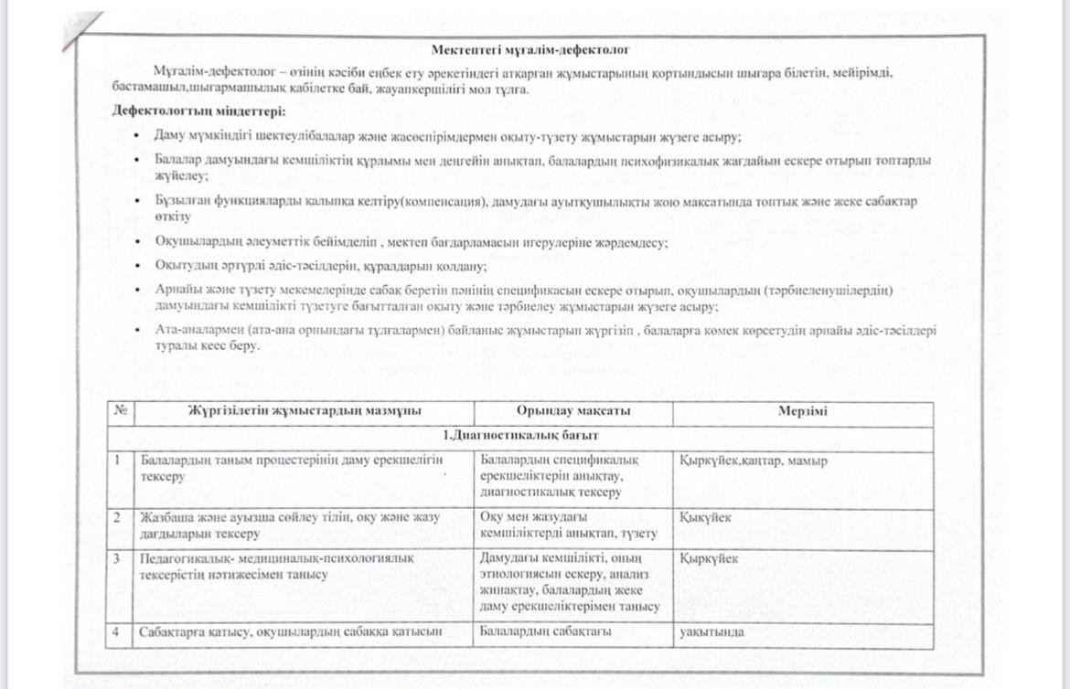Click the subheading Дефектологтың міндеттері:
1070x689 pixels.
coord(198,111)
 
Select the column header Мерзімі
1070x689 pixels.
coord(803,412)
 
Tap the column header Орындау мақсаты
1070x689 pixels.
coord(572,412)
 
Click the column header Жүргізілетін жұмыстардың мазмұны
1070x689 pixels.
coord(305,412)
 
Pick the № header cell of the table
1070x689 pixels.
coord(120,412)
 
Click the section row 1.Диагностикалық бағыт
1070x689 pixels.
coord(520,437)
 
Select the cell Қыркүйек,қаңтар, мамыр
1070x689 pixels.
coord(754,461)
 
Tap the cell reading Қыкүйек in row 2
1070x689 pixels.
coord(705,517)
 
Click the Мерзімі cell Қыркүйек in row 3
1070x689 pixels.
coord(709,558)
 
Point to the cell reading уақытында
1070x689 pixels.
coord(712,631)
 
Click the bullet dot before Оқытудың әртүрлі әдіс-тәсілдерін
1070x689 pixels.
coord(135,266)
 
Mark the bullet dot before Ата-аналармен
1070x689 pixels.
coord(135,330)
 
